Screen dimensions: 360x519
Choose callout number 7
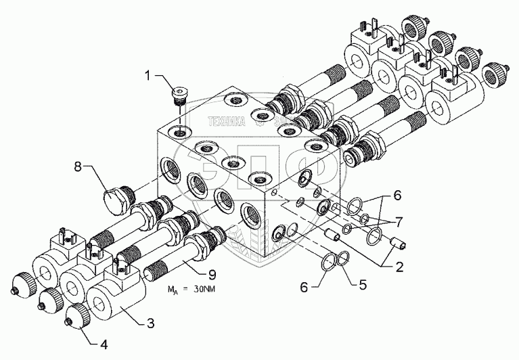[397, 221]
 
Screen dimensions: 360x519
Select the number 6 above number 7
[397, 196]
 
